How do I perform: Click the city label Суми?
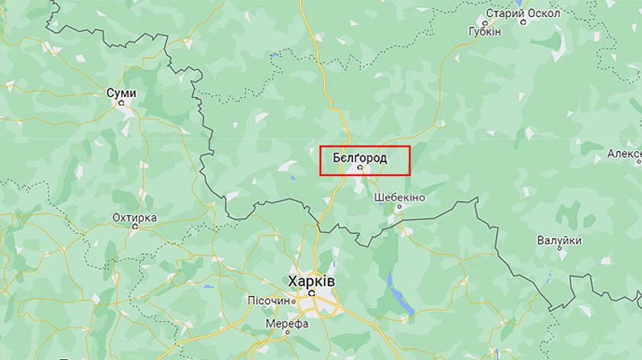point(121,93)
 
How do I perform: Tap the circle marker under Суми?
point(121,103)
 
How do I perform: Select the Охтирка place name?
point(134,217)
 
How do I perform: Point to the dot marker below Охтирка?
point(135,227)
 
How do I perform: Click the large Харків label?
point(310,282)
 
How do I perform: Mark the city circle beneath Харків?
point(312,293)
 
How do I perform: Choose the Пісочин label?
point(268,301)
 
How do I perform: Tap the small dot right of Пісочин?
point(292,302)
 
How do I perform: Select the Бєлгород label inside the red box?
point(360,158)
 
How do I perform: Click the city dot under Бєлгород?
point(360,168)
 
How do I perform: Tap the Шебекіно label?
point(399,197)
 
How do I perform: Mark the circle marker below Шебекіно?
point(399,207)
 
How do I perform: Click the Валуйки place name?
point(560,240)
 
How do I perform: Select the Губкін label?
point(484,32)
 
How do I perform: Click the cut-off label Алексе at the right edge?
point(624,154)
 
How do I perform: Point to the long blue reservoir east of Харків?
point(399,292)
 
